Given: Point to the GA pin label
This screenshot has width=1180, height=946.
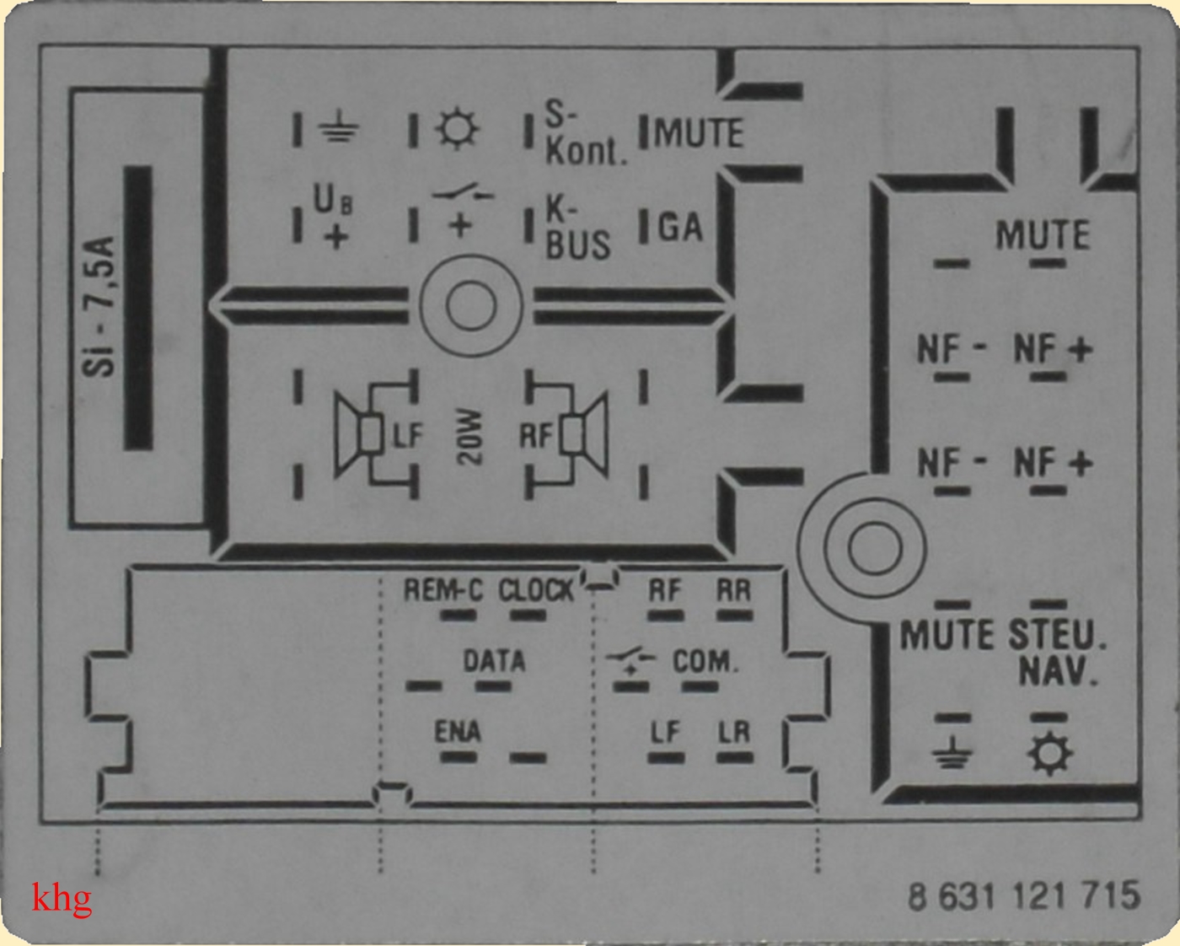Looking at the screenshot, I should (679, 226).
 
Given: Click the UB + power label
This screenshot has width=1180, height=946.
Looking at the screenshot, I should (334, 218).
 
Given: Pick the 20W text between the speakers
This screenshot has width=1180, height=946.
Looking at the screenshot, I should (469, 437).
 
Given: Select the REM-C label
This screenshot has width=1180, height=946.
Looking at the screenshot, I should (442, 590).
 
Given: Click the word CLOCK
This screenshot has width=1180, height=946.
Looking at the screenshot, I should (535, 590).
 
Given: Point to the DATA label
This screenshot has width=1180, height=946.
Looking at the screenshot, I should (494, 660).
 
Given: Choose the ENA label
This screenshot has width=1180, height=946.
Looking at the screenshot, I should (458, 731).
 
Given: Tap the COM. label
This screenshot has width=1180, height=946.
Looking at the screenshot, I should (705, 661).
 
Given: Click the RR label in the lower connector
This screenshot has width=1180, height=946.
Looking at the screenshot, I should (733, 590).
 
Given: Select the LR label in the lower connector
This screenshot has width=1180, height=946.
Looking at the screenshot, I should (733, 732).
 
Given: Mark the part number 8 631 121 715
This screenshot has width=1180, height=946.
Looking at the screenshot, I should (1023, 895).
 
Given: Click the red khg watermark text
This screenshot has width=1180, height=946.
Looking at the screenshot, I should (62, 899).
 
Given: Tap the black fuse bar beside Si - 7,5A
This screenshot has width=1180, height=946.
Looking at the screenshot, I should (138, 308).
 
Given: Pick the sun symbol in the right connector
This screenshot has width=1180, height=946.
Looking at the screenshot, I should (1049, 754).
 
